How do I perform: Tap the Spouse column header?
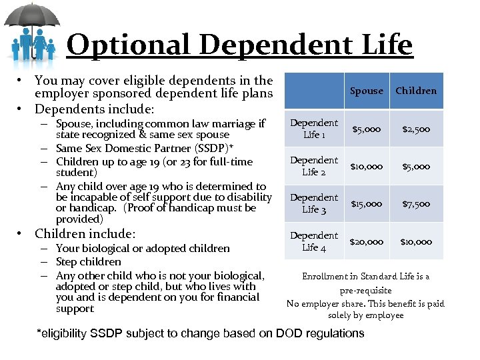coord(367,91)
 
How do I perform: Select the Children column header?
coord(416,91)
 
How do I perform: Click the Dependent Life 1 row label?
coord(314,129)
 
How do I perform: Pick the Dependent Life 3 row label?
coord(314,203)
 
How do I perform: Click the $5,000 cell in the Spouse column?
coord(367,129)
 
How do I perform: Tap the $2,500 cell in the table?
coord(416,129)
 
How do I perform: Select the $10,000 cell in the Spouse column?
coord(367,167)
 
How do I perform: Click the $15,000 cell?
coord(367,204)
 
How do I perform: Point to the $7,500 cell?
coord(416,204)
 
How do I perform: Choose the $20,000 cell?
coord(367,241)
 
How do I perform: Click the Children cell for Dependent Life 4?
coord(416,241)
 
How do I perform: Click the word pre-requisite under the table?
coord(365,290)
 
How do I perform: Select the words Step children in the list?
coord(89,262)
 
